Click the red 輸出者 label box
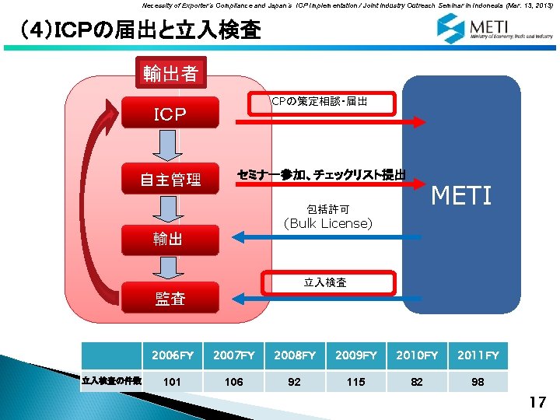[170, 74]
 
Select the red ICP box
[170, 116]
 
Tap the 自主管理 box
[170, 180]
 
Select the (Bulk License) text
[327, 224]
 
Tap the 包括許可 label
[327, 208]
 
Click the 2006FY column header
[173, 355]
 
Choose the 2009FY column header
[356, 355]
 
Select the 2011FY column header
[478, 355]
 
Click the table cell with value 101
[173, 381]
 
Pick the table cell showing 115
[356, 381]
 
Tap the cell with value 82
[417, 381]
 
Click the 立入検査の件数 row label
[111, 381]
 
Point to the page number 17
[537, 402]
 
